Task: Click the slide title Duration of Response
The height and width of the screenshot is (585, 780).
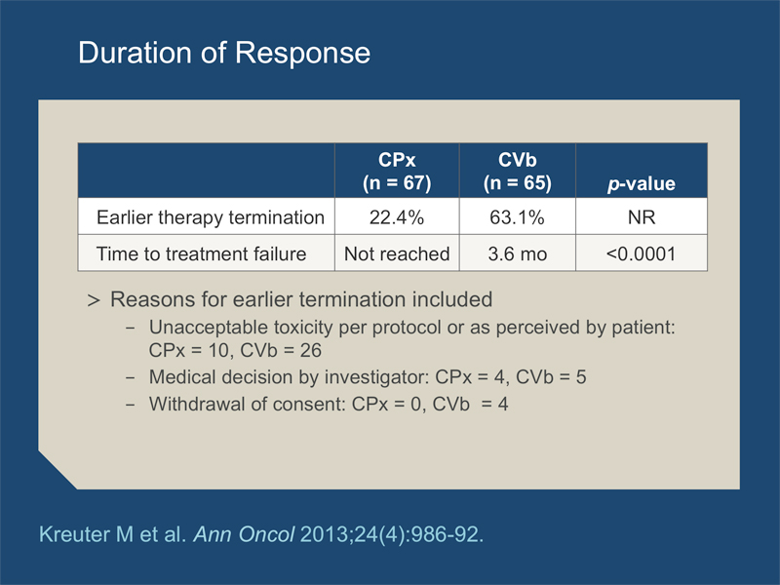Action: pyautogui.click(x=224, y=53)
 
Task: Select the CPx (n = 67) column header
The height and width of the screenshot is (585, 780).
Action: pyautogui.click(x=397, y=172)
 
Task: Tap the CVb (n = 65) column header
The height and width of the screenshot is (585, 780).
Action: pyautogui.click(x=518, y=172)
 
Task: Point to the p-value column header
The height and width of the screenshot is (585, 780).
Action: pyautogui.click(x=642, y=183)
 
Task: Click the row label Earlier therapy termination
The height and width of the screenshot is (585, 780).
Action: pyautogui.click(x=211, y=217)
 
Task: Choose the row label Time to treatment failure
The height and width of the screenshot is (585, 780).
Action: pyautogui.click(x=201, y=253)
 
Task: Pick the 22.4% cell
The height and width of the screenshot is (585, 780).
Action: pyautogui.click(x=397, y=217)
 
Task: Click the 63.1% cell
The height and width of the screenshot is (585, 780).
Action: pyautogui.click(x=517, y=217)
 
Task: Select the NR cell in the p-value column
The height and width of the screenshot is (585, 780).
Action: pyautogui.click(x=642, y=217)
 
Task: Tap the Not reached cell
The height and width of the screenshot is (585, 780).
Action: pyautogui.click(x=397, y=253)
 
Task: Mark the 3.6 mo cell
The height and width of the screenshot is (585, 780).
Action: pyautogui.click(x=518, y=253)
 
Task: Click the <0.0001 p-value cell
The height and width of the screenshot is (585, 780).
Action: pyautogui.click(x=642, y=253)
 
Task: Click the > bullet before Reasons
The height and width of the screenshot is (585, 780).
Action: pyautogui.click(x=94, y=300)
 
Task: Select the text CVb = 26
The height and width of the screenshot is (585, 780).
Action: pyautogui.click(x=281, y=350)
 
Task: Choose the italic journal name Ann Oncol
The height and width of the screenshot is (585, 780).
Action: pyautogui.click(x=244, y=534)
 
